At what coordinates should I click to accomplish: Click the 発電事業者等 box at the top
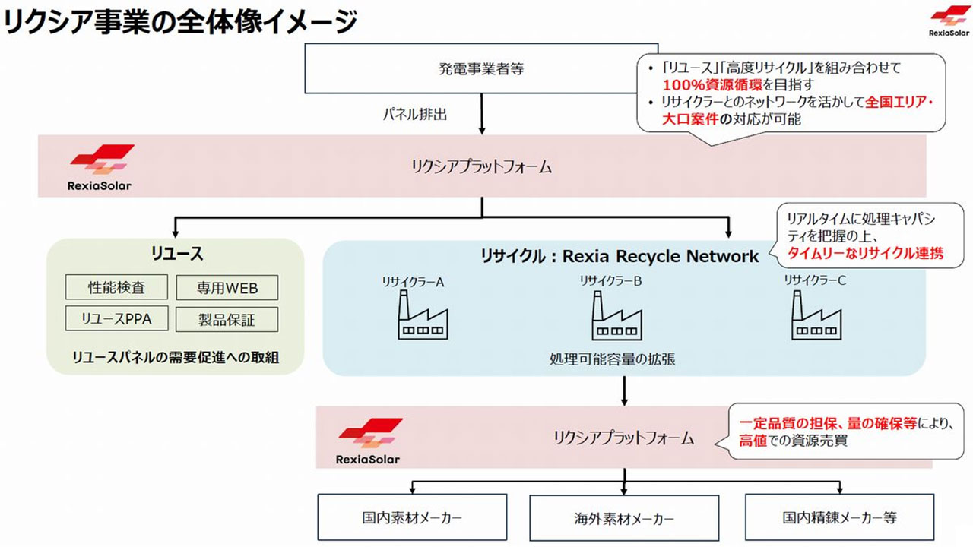point(480,69)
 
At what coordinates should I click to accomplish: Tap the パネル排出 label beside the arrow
point(414,115)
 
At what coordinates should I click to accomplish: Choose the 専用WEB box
point(227,288)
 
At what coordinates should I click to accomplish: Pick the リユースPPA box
point(116,318)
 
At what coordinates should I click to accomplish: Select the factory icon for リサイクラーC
point(815,318)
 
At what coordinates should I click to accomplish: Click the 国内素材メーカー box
point(412,519)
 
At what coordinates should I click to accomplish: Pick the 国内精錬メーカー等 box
point(839,519)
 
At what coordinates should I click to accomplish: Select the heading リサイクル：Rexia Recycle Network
point(620,257)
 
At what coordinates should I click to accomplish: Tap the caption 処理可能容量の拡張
point(612,359)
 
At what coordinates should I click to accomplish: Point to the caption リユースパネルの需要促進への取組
point(176,356)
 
